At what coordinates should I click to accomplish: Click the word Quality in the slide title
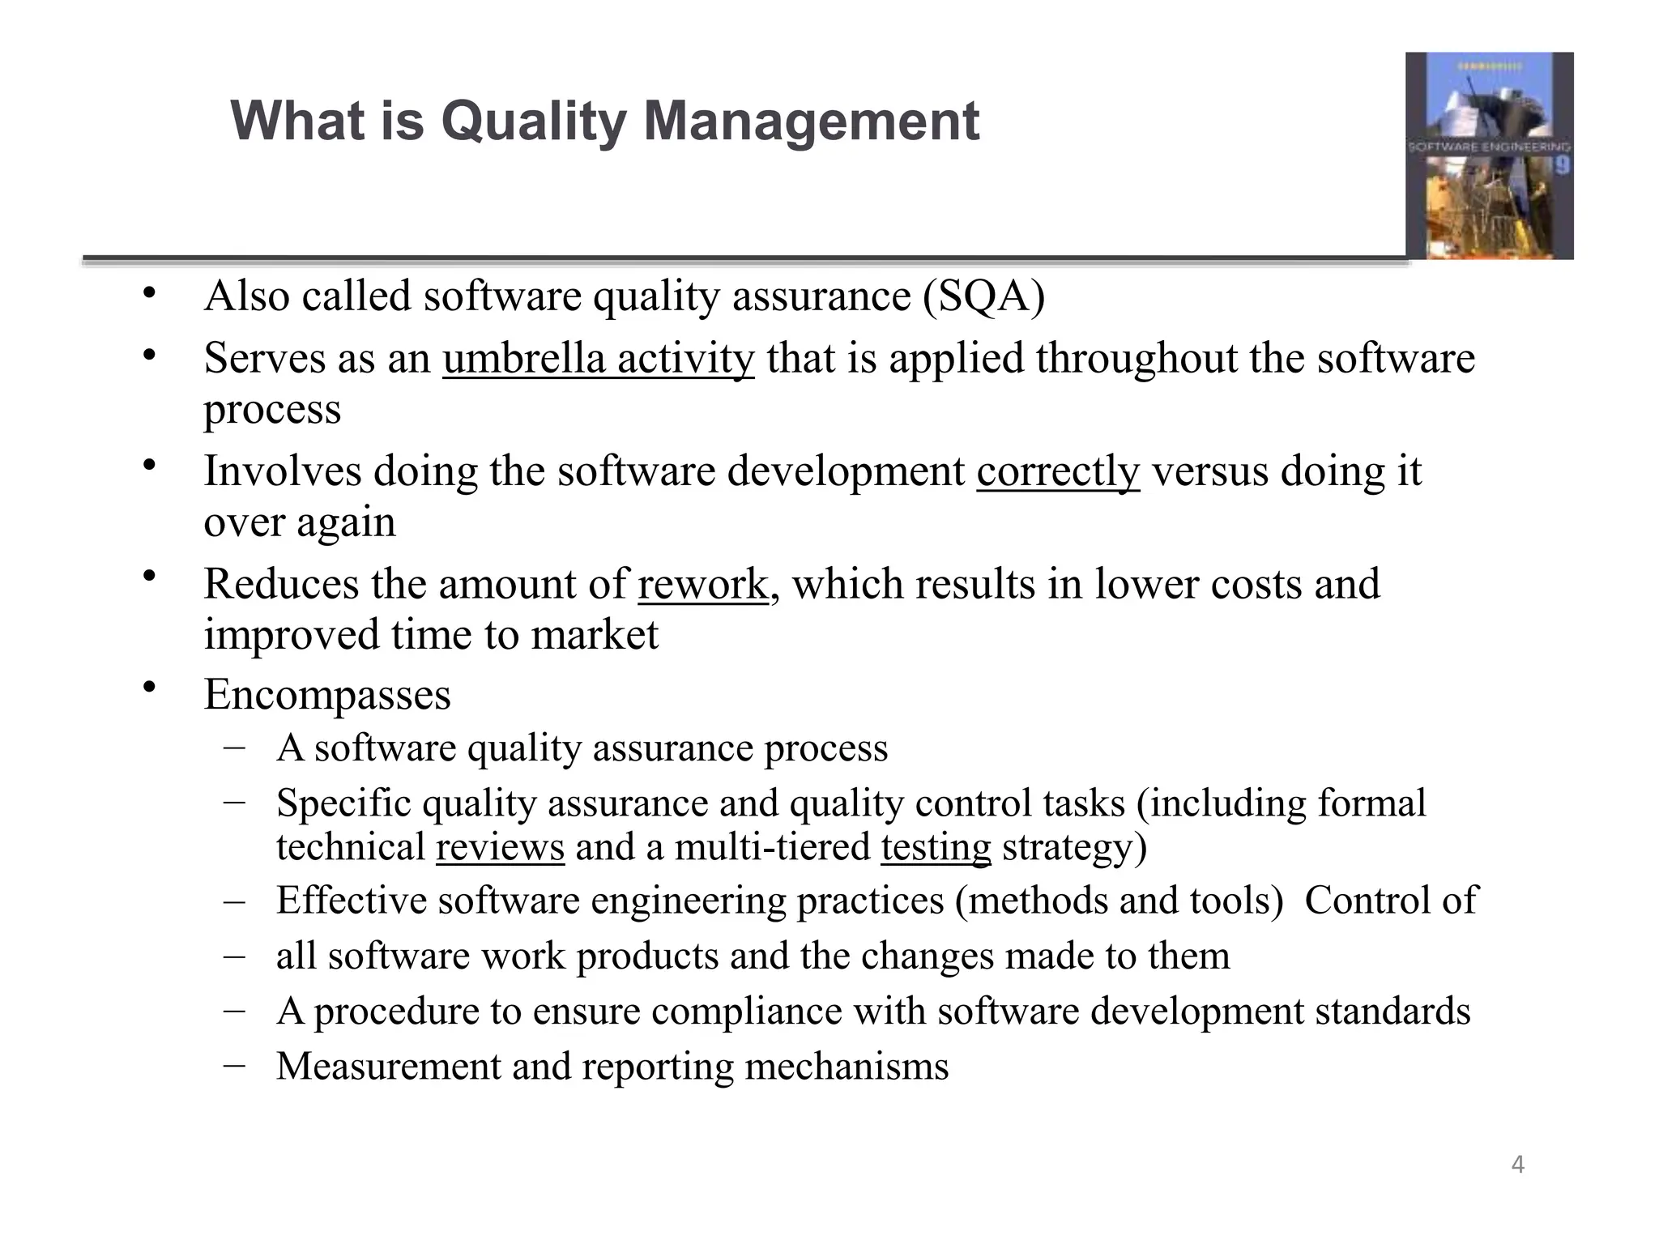(534, 121)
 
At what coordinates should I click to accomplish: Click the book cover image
(1489, 155)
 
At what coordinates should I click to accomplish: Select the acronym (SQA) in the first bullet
(983, 296)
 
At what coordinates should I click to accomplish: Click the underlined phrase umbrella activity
(599, 359)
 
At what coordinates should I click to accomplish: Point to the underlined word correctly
(1058, 471)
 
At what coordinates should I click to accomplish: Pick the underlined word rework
(702, 584)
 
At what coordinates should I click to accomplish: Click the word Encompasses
(327, 695)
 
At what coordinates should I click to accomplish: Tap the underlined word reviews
(500, 848)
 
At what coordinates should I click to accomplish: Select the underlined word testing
(936, 848)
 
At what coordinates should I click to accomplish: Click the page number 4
(1517, 1165)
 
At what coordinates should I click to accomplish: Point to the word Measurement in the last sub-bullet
(389, 1066)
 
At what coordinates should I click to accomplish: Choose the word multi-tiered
(772, 848)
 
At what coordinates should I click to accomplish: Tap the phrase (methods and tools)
(1120, 901)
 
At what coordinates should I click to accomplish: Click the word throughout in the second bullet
(1137, 359)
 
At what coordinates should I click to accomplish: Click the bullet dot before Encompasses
(148, 688)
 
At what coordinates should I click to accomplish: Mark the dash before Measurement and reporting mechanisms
(235, 1064)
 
